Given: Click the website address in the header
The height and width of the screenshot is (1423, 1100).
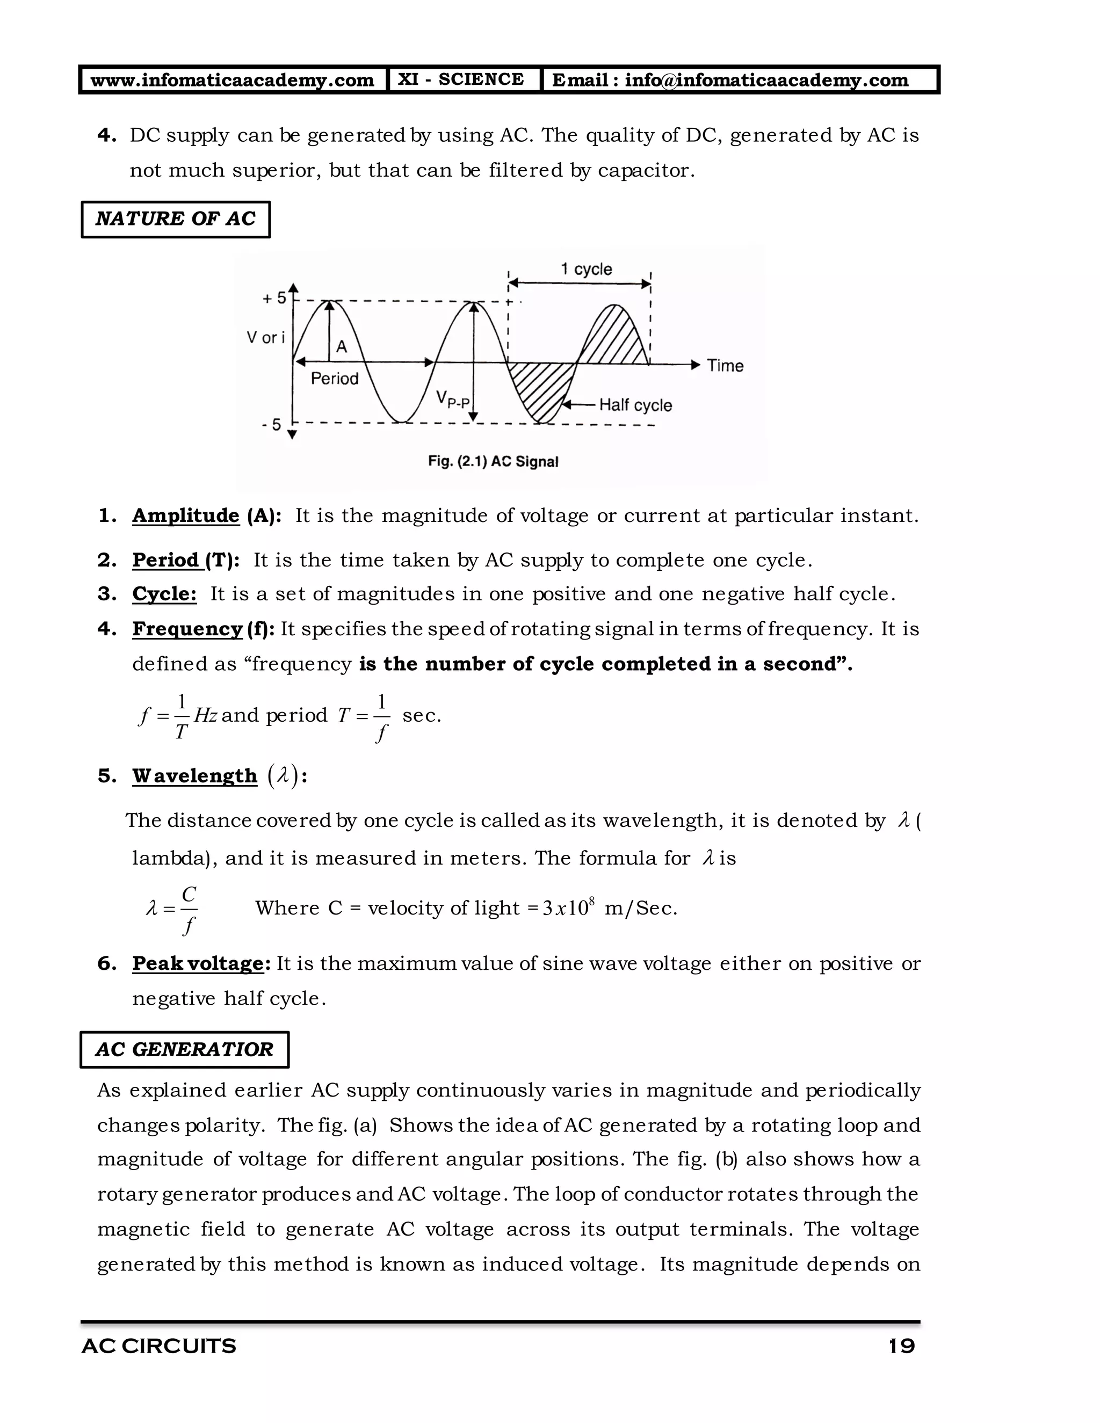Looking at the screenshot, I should pos(232,80).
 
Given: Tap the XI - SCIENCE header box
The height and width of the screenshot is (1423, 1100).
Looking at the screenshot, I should pos(461,79).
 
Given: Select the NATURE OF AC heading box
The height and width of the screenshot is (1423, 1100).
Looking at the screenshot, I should pos(175,219).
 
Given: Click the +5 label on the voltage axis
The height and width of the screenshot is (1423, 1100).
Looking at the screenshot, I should pos(274,299).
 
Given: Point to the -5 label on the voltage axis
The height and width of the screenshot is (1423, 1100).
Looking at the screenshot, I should pos(272,425).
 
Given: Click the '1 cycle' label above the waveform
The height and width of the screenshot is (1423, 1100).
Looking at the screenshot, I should pos(587,269).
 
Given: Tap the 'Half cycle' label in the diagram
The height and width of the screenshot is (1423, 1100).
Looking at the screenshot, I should pos(635,405).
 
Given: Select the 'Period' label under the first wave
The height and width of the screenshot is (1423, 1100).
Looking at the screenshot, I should pos(334,379).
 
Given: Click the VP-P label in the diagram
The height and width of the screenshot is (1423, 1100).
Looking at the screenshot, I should pos(452,399).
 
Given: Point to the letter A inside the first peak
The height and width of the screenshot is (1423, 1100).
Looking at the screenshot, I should pos(341,347).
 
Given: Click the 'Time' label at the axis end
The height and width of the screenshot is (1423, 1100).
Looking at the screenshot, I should pos(725,366).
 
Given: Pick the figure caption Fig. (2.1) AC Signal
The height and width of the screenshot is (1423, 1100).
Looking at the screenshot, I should pos(493,462).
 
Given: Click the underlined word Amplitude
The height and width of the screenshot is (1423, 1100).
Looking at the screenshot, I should pos(186,516).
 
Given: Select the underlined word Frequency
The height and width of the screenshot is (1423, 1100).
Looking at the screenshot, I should pos(187,629).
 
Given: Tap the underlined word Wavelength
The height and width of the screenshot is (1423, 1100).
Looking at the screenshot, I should pos(194,775).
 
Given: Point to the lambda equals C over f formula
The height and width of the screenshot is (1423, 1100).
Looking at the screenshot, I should pos(172,909).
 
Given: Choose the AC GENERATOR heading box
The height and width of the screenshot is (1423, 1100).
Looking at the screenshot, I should pos(184,1049).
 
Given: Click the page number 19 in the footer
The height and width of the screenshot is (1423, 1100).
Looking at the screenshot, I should pos(902,1346).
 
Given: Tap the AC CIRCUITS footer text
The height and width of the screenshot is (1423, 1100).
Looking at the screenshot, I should pos(158,1346).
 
